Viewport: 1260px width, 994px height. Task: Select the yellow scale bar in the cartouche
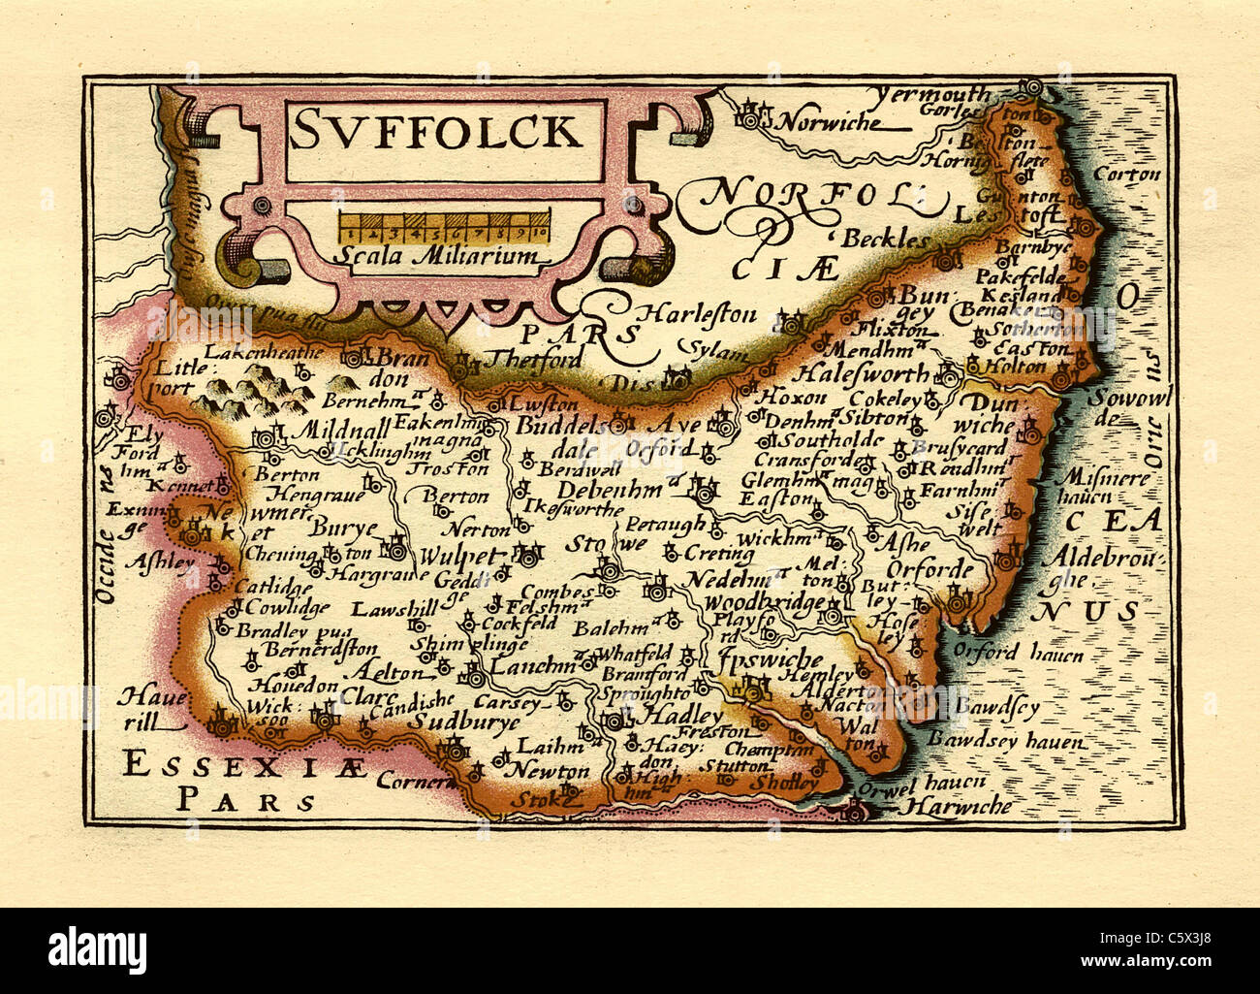click(x=444, y=227)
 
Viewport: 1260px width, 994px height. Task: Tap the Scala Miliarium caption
click(x=439, y=257)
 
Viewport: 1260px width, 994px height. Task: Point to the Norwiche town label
click(x=832, y=123)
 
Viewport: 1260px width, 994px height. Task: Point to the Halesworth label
click(x=863, y=373)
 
